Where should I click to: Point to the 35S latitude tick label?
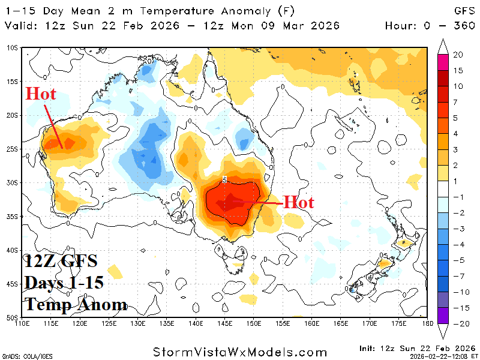(x=13, y=216)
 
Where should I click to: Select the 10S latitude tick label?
(x=13, y=47)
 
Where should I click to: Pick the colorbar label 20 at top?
(x=458, y=55)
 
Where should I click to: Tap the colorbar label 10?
(x=458, y=86)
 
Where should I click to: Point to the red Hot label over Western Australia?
(x=40, y=94)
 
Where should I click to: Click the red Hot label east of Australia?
(x=298, y=202)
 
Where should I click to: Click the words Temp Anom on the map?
(x=76, y=305)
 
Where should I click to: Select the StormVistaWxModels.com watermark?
(x=240, y=352)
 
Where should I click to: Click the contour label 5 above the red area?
(x=224, y=179)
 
